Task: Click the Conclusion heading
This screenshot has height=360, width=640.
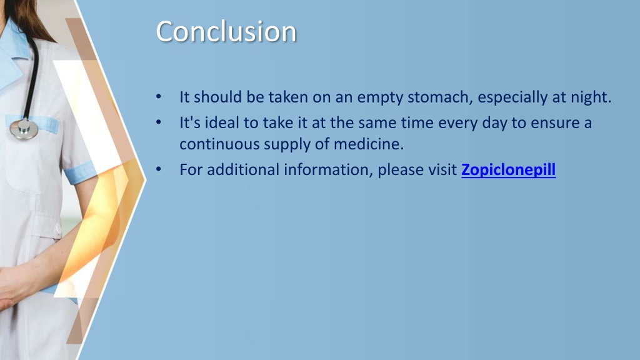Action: [x=226, y=31]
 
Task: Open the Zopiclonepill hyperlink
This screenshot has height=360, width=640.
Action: [x=508, y=170]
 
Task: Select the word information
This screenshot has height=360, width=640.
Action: [x=328, y=170]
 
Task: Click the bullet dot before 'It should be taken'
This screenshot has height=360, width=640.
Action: [x=158, y=97]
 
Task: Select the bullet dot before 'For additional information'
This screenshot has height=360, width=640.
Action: [x=158, y=169]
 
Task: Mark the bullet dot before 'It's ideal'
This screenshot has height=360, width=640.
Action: [x=158, y=122]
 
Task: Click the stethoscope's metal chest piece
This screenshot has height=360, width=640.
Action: [x=24, y=129]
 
